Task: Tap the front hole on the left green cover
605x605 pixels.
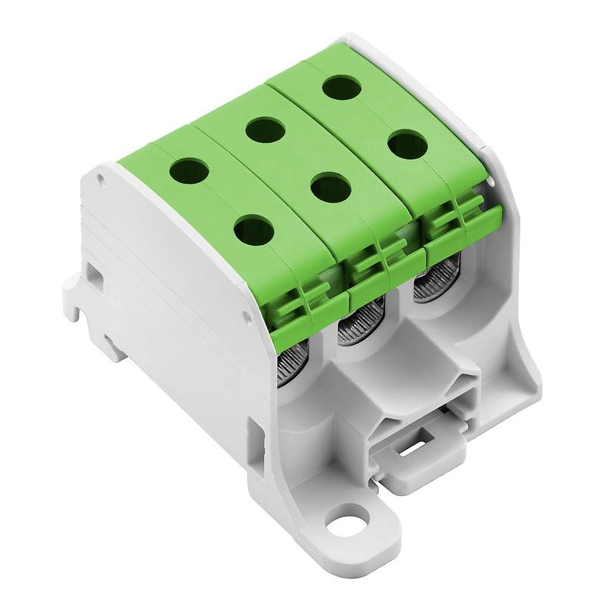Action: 253,229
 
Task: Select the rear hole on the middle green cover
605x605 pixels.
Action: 265,130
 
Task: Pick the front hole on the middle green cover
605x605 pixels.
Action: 330,187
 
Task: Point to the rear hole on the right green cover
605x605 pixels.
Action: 341,87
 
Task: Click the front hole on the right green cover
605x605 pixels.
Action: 408,144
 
